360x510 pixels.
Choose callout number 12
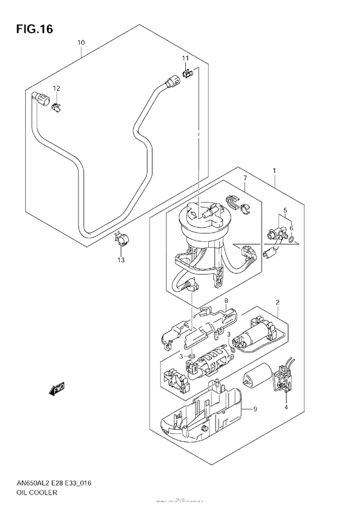click(x=56, y=88)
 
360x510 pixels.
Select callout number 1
click(x=274, y=171)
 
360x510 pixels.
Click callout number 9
click(x=255, y=409)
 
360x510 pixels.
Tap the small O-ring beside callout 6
click(x=292, y=241)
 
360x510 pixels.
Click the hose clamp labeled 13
click(x=122, y=241)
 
